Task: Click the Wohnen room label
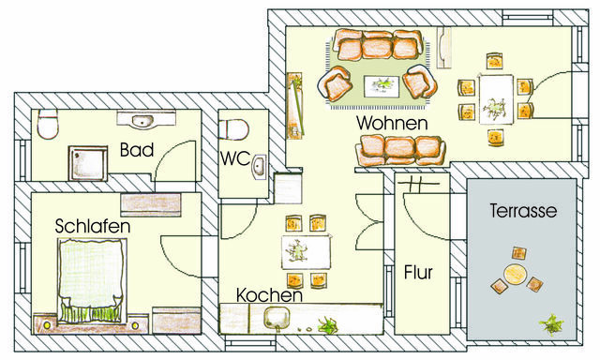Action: [x=392, y=123]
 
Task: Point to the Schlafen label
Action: [x=92, y=227]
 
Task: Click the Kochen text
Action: [x=268, y=294]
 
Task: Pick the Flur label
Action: [x=418, y=274]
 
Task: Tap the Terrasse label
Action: [x=523, y=212]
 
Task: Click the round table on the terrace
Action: [x=513, y=275]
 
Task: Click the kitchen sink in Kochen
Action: [x=277, y=318]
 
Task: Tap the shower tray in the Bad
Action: [x=89, y=163]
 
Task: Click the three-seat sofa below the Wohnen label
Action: [x=400, y=149]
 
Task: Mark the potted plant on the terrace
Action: [x=551, y=325]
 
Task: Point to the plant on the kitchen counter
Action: [x=329, y=326]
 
